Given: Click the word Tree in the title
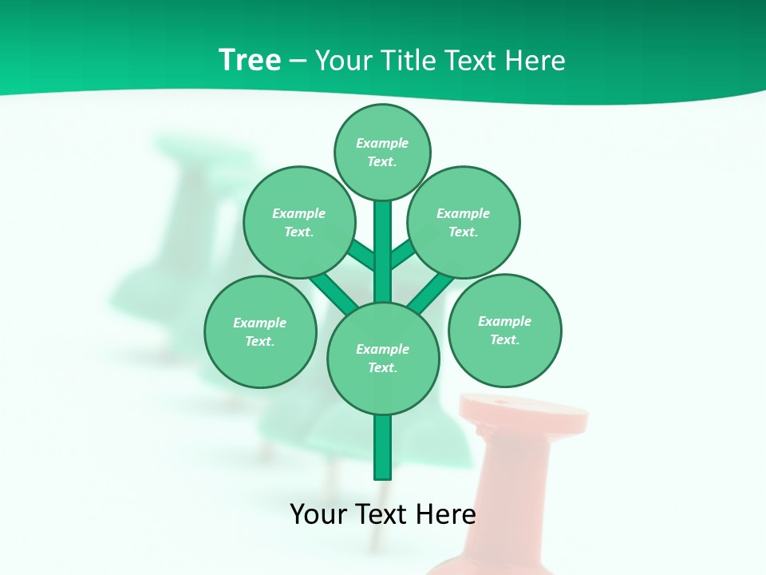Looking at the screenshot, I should [250, 60].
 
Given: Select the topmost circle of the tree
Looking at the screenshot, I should [382, 152].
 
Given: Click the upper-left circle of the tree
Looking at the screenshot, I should [299, 222].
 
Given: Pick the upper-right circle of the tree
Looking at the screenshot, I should [464, 222].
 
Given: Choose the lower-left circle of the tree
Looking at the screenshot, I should [260, 331].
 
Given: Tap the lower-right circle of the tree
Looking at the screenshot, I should [504, 330].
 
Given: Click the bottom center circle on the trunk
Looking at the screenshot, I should [383, 359].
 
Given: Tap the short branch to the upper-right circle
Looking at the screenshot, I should [402, 255].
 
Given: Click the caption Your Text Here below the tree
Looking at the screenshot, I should [382, 514].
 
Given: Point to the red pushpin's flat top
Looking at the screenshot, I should [524, 410].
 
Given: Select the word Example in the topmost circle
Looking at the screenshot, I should [382, 143].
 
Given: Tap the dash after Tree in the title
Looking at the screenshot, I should [298, 61].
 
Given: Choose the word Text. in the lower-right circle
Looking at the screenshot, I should [504, 339].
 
